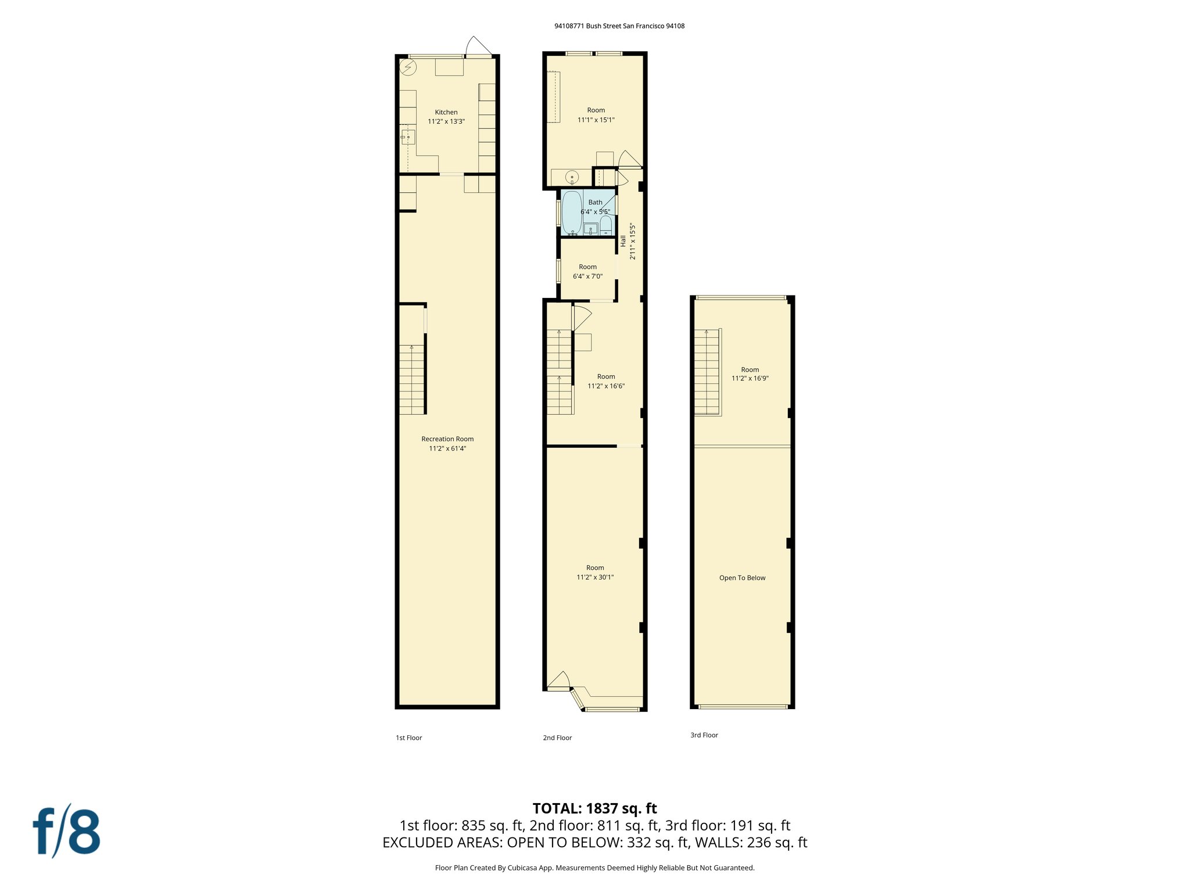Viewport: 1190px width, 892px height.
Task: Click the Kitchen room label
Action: pyautogui.click(x=446, y=112)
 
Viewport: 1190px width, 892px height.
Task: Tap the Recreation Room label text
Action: pyautogui.click(x=447, y=439)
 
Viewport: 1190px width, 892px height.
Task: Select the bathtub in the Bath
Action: pyautogui.click(x=572, y=213)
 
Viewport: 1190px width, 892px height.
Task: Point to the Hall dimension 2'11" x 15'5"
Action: pyautogui.click(x=633, y=242)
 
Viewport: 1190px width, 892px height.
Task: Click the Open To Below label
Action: pyautogui.click(x=742, y=578)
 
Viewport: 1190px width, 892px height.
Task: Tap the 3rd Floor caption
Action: pyautogui.click(x=704, y=735)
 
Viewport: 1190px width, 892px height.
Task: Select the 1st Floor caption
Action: pyautogui.click(x=408, y=738)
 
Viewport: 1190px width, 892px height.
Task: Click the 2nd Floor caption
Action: pyautogui.click(x=557, y=738)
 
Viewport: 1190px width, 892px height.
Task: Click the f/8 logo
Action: pyautogui.click(x=66, y=831)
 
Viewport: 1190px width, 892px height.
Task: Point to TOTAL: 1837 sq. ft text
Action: pyautogui.click(x=594, y=808)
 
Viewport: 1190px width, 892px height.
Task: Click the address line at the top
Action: pyautogui.click(x=619, y=26)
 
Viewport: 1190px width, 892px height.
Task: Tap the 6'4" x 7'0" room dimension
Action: pyautogui.click(x=587, y=276)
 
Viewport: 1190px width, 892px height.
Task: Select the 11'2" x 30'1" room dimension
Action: pyautogui.click(x=595, y=577)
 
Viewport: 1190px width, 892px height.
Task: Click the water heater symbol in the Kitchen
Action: pyautogui.click(x=408, y=67)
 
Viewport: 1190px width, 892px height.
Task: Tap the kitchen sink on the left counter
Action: pyautogui.click(x=408, y=137)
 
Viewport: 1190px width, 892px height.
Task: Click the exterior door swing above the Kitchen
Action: pyautogui.click(x=479, y=46)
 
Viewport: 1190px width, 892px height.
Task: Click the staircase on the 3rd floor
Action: pyautogui.click(x=707, y=372)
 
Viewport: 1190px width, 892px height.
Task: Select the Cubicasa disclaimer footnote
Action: pyautogui.click(x=594, y=868)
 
